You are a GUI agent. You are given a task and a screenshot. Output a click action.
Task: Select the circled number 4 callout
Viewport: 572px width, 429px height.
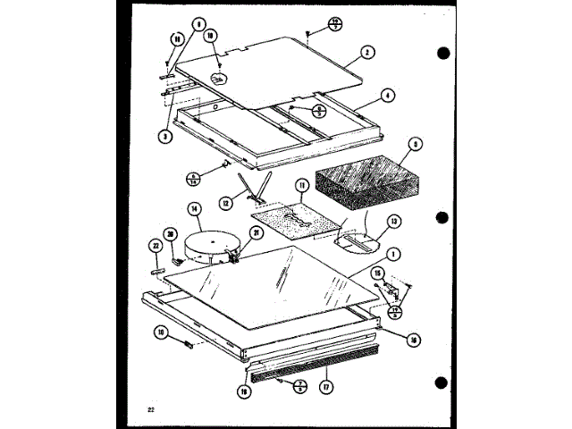coord(387,95)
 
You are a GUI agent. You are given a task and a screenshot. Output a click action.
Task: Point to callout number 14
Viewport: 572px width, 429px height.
coord(193,210)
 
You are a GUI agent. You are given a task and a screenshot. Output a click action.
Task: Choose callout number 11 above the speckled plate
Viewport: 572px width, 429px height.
coord(301,186)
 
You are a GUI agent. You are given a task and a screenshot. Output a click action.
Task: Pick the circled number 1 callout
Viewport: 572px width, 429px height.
coord(394,254)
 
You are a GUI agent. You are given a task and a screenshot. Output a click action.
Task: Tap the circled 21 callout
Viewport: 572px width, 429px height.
coord(256,234)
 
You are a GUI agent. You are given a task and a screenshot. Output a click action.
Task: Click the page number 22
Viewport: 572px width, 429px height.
coord(153,409)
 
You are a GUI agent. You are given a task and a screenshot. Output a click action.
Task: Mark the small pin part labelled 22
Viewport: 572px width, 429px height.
coord(157,266)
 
